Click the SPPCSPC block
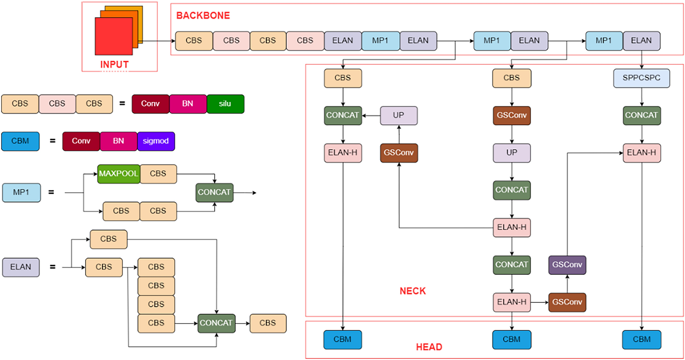[x=641, y=78]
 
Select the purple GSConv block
[x=567, y=265]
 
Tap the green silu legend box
[x=225, y=104]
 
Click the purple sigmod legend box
[x=156, y=141]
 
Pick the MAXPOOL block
[x=118, y=174]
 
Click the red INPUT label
[x=114, y=64]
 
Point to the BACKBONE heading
[x=203, y=15]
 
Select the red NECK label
[x=413, y=291]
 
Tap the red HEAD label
[x=429, y=347]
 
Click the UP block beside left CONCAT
[x=399, y=115]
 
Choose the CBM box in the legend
[x=20, y=141]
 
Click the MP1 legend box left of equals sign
[x=21, y=192]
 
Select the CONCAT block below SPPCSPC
[x=641, y=115]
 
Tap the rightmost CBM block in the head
[x=641, y=340]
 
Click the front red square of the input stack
[x=113, y=36]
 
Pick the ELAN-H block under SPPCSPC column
[x=641, y=153]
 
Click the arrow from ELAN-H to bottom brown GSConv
[x=539, y=302]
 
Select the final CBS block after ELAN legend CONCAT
[x=268, y=323]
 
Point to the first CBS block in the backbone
[x=194, y=41]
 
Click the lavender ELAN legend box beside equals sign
[x=20, y=267]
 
